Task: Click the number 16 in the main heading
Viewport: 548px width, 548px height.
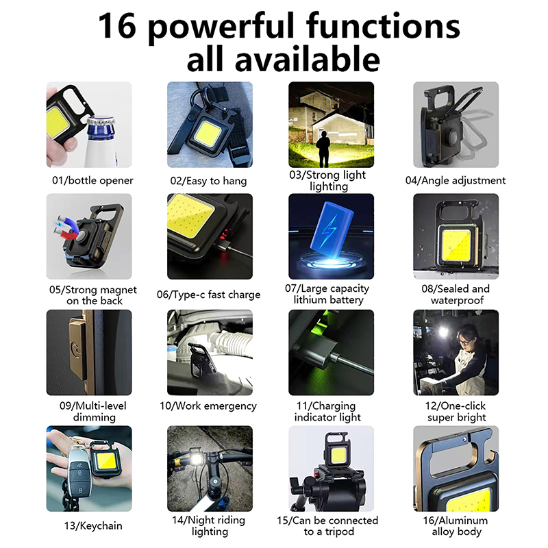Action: [117, 25]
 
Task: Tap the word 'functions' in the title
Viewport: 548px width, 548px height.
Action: [383, 25]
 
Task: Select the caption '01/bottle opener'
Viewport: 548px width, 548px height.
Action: [92, 180]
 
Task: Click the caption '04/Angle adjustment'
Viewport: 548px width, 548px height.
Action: [456, 180]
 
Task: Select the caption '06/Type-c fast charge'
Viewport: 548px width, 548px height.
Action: [209, 295]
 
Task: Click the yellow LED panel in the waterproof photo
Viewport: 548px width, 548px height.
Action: [456, 245]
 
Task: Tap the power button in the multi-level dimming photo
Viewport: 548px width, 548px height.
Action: [75, 349]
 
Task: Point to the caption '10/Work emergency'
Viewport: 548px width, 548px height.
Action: [208, 406]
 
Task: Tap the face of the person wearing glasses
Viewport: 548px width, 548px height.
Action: [466, 340]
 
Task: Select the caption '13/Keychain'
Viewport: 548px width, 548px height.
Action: [93, 525]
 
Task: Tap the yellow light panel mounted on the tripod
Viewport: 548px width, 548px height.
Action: [337, 455]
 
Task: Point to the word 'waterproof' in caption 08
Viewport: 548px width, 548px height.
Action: [457, 300]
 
